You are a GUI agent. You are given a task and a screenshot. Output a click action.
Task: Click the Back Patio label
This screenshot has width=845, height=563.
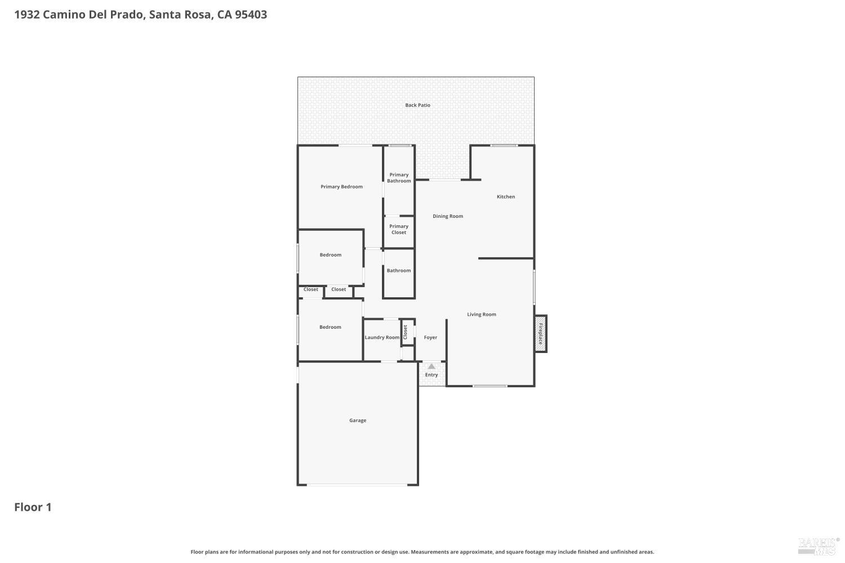(x=417, y=105)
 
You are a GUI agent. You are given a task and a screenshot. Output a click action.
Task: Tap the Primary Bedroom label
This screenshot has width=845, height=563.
(x=341, y=187)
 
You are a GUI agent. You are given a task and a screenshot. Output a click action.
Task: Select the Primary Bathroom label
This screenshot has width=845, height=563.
(x=399, y=178)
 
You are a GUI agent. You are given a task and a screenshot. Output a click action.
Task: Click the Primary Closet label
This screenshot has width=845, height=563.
(x=399, y=229)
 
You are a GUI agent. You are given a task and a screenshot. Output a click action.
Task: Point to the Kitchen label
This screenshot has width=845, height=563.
(x=505, y=197)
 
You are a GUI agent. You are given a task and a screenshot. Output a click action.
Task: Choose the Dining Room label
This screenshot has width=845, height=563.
(x=448, y=216)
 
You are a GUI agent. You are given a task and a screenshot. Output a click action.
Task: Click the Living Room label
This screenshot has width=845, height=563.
(x=482, y=315)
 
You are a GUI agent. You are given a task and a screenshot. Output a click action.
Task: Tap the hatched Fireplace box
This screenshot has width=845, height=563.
(x=541, y=334)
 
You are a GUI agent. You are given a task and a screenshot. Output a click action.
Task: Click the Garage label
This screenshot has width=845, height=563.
(x=358, y=421)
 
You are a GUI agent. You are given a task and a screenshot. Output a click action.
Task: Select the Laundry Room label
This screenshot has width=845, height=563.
(x=382, y=338)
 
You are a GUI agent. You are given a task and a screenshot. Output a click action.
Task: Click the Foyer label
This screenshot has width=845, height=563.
(x=430, y=338)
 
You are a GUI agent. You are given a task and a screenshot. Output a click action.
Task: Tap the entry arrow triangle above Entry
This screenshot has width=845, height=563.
(x=432, y=367)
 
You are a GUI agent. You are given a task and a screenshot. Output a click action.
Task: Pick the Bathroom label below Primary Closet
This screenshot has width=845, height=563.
(x=399, y=271)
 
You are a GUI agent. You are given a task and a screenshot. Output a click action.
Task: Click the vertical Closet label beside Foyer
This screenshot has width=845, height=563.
(x=405, y=332)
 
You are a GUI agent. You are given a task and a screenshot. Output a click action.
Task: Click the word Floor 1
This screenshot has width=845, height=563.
(x=33, y=507)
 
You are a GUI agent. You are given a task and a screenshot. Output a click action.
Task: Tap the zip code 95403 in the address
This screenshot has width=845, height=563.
(x=251, y=15)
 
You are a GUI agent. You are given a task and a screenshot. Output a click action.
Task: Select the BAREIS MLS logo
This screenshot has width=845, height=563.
(x=819, y=544)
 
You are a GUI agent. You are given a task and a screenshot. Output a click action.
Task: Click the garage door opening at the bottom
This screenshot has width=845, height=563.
(x=358, y=485)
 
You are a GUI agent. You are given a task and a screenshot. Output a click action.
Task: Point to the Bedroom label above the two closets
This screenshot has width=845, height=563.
(x=331, y=255)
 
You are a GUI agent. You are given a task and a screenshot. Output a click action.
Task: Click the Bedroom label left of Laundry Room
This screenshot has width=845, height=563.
(x=330, y=327)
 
